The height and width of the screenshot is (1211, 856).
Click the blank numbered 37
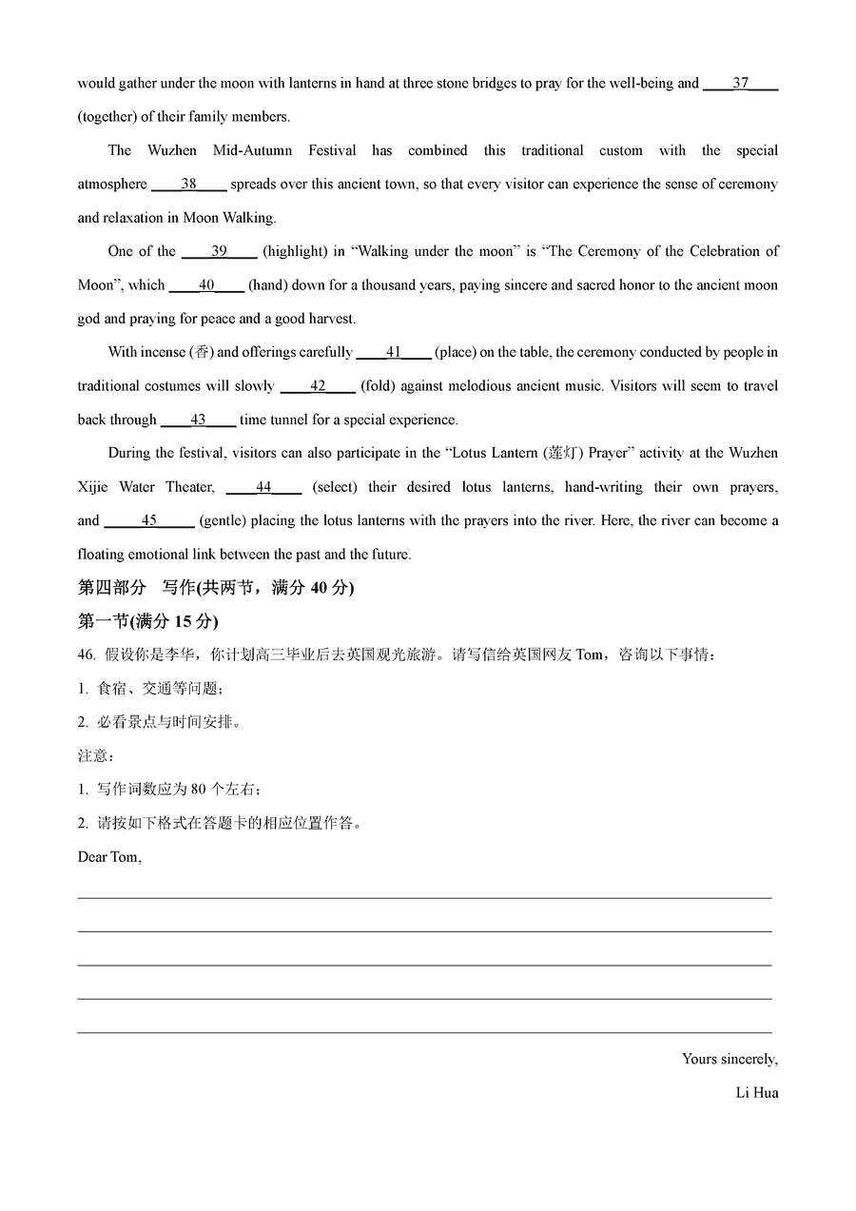(x=740, y=84)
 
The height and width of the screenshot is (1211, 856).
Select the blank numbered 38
(x=188, y=185)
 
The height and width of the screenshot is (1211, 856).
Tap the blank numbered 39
(x=219, y=252)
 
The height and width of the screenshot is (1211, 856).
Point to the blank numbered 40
(x=206, y=285)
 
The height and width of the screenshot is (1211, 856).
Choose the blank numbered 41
(x=394, y=353)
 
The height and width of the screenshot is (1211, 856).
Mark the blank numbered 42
(x=318, y=386)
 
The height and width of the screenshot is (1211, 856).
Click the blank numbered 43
(x=198, y=420)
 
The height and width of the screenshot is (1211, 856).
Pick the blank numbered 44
(x=263, y=488)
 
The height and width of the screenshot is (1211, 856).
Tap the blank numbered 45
(x=149, y=521)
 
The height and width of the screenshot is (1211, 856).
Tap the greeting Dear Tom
(x=109, y=857)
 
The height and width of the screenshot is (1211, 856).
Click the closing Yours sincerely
(x=730, y=1060)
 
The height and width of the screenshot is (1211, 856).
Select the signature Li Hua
(x=756, y=1093)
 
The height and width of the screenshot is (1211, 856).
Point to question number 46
(x=87, y=655)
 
